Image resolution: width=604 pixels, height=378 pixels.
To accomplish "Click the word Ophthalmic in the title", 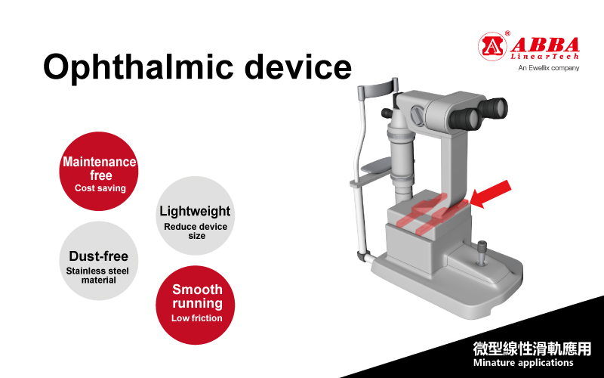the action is pyautogui.click(x=138, y=67).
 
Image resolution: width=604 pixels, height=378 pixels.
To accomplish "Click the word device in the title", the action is pyautogui.click(x=298, y=66).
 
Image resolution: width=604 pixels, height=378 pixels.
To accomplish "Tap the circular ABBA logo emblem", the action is pyautogui.click(x=492, y=46).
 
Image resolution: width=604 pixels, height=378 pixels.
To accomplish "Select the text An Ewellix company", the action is pyautogui.click(x=549, y=68).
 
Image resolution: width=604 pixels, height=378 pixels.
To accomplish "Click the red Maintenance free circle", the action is pyautogui.click(x=99, y=172).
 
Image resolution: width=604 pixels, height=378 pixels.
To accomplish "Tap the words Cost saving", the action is pyautogui.click(x=100, y=188).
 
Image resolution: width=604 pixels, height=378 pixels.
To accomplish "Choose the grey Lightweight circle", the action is pyautogui.click(x=196, y=215).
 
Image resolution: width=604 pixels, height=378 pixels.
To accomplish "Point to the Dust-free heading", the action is pyautogui.click(x=99, y=256).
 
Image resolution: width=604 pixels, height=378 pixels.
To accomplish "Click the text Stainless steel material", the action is pyautogui.click(x=98, y=275).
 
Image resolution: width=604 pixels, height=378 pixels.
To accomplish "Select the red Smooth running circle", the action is pyautogui.click(x=196, y=305).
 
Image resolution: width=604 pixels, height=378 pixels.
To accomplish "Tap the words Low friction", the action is pyautogui.click(x=197, y=318).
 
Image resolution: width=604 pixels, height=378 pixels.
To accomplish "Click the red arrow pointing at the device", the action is pyautogui.click(x=490, y=195).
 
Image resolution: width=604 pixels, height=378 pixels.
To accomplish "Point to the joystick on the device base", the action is pyautogui.click(x=482, y=253).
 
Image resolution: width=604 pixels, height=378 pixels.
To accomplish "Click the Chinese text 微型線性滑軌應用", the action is pyautogui.click(x=532, y=349).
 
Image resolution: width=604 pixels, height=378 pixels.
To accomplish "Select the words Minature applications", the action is pyautogui.click(x=523, y=363).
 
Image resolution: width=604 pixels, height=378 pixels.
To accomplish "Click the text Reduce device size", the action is pyautogui.click(x=196, y=231).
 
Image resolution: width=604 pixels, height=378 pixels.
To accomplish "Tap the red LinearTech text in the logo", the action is pyautogui.click(x=544, y=56).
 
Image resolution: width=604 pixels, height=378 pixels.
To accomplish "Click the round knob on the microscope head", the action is pyautogui.click(x=418, y=115).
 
